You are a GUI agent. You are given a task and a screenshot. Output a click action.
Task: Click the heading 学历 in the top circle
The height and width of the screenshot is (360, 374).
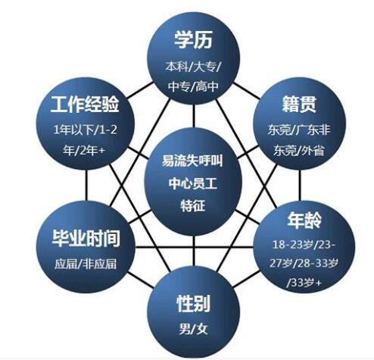[194, 40]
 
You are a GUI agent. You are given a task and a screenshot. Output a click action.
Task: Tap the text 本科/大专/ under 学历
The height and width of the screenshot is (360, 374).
[193, 67]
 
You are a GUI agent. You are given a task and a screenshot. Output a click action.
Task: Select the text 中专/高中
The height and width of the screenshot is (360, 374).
[193, 86]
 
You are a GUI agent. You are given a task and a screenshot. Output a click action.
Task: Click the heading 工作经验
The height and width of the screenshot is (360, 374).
[85, 104]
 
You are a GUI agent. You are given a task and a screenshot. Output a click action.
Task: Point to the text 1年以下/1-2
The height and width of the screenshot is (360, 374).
[86, 130]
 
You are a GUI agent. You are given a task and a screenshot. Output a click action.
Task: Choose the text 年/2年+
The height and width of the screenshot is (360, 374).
[84, 151]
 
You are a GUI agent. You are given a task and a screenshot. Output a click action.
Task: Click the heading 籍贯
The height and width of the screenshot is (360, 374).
[299, 104]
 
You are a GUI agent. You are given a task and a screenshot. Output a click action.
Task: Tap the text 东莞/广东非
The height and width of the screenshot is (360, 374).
[299, 130]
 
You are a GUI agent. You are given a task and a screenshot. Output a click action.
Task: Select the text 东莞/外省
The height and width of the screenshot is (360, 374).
[299, 151]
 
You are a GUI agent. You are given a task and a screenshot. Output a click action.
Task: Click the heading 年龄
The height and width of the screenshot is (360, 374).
[304, 221]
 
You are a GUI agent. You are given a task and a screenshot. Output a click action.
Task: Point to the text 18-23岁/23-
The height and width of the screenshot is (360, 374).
[304, 245]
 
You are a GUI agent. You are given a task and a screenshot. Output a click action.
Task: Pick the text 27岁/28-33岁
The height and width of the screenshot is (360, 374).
[304, 263]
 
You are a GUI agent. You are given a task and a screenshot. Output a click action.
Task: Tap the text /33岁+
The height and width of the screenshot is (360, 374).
[304, 282]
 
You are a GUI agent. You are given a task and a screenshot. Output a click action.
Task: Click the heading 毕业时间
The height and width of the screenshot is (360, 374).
[86, 238]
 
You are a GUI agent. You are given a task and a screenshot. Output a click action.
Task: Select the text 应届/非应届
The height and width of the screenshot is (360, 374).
[86, 265]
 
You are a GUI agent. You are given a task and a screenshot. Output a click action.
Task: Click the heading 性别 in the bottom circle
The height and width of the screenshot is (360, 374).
[193, 304]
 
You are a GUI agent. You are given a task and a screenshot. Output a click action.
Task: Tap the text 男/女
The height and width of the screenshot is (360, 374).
[193, 329]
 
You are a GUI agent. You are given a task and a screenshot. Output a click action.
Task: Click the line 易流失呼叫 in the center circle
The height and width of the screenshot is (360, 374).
[192, 161]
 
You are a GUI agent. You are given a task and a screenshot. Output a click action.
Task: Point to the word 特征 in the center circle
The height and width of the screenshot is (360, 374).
[193, 205]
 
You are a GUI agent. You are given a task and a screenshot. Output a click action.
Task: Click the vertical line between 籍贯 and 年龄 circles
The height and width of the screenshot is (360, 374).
[300, 185]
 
